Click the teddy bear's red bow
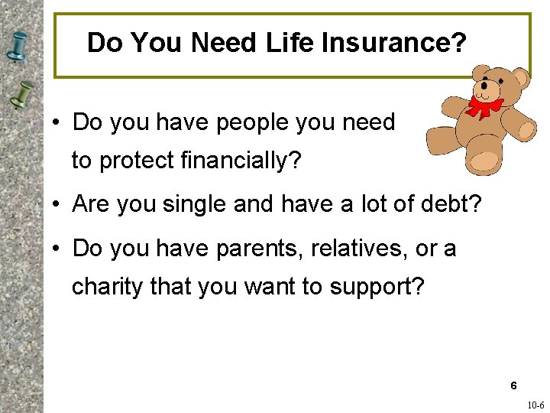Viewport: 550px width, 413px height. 484,106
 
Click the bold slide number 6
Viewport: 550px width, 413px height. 514,386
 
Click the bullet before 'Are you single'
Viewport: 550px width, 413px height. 57,205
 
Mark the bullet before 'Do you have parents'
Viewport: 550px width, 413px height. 57,249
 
